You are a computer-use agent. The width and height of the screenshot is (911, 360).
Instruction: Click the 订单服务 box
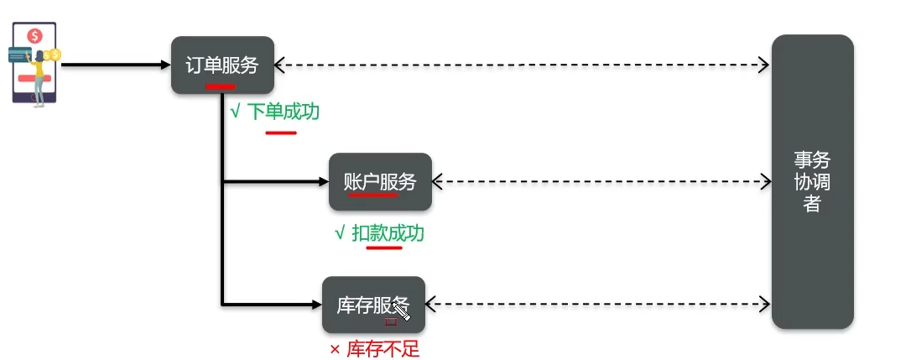(222, 65)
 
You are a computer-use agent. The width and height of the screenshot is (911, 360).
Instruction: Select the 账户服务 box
(380, 181)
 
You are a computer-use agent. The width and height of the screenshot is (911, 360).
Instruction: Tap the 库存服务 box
(373, 305)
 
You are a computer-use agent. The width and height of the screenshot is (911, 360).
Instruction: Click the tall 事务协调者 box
(812, 181)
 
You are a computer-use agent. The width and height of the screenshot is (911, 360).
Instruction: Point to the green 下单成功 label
(282, 112)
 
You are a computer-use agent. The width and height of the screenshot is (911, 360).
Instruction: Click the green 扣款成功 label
(387, 233)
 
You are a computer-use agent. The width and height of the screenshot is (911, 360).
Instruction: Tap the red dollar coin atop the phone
(34, 36)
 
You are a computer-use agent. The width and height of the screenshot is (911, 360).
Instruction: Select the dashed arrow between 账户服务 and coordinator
(601, 181)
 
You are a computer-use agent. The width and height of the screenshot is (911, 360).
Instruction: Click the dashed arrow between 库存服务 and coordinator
(597, 304)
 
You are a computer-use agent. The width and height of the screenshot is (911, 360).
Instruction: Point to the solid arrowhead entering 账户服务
(322, 181)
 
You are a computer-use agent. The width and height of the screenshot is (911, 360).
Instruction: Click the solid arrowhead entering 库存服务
(316, 304)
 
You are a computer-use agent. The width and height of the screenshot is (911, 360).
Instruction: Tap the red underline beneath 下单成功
(281, 132)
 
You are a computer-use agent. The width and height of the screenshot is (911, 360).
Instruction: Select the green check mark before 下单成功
(235, 112)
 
